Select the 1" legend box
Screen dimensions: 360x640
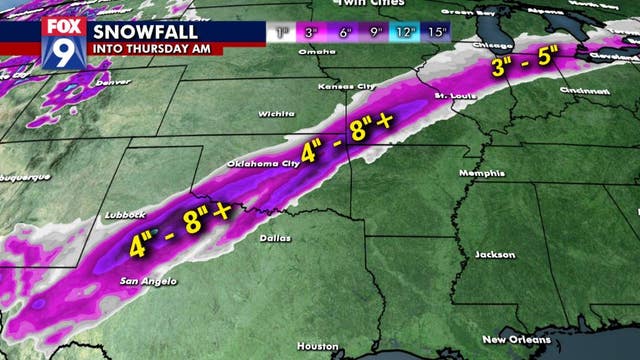coord(283,33)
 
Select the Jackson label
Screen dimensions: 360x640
coord(489,254)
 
